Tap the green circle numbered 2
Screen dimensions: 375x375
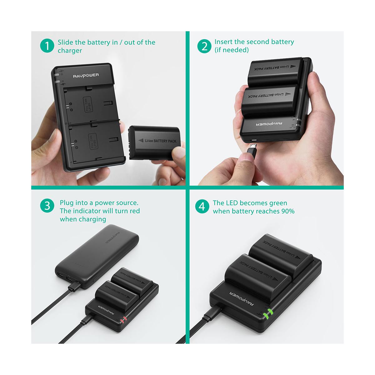click(204, 46)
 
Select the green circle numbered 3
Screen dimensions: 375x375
click(47, 206)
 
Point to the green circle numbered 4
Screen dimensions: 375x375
click(202, 207)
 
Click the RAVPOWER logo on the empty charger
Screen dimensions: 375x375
click(86, 75)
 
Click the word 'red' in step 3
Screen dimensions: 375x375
click(134, 211)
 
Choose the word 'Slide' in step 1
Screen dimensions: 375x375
click(65, 42)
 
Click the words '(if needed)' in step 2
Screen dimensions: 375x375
click(232, 50)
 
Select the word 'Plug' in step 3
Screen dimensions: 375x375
click(67, 203)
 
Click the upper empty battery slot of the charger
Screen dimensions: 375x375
click(91, 103)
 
